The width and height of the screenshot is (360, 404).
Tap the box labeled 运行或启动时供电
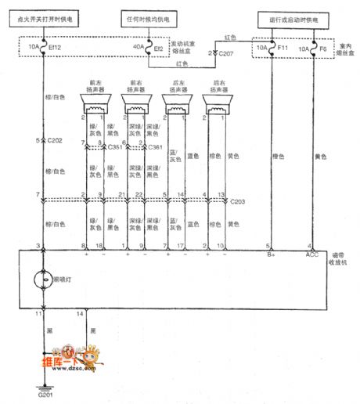coord(291,16)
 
